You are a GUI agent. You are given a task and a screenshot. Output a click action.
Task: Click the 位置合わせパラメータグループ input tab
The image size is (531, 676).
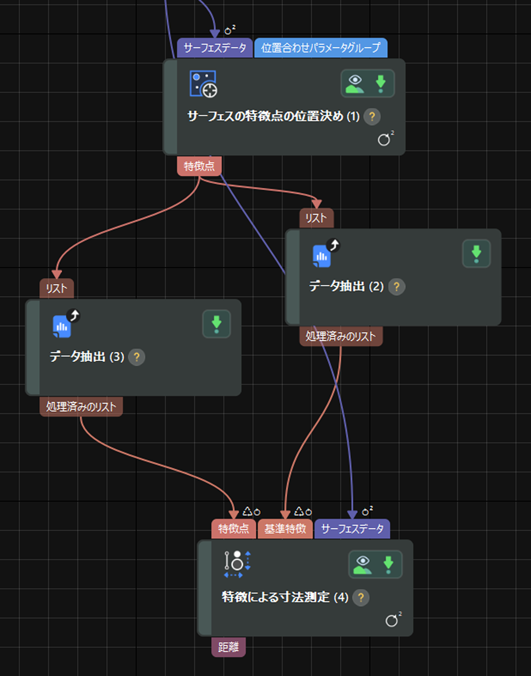pyautogui.click(x=320, y=48)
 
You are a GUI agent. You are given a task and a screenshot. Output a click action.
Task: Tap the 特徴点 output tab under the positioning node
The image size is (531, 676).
pyautogui.click(x=199, y=166)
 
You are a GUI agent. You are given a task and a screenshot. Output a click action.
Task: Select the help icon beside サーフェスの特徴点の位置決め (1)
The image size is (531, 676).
pyautogui.click(x=372, y=116)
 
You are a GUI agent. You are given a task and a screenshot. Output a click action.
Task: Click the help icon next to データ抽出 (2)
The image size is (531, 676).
pyautogui.click(x=397, y=286)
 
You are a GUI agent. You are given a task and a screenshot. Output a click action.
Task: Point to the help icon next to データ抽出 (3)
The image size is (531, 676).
pyautogui.click(x=137, y=357)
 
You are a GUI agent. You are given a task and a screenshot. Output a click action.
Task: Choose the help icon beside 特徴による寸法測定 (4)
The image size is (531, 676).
pyautogui.click(x=361, y=597)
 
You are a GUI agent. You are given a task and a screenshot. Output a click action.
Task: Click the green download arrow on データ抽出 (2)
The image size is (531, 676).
pyautogui.click(x=476, y=253)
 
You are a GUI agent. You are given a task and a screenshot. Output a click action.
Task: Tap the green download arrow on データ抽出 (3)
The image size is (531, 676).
pyautogui.click(x=217, y=324)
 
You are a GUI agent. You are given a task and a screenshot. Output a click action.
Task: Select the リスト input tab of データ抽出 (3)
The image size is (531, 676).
pyautogui.click(x=57, y=289)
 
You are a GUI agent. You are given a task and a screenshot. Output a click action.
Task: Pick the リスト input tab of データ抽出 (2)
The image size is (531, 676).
pyautogui.click(x=316, y=218)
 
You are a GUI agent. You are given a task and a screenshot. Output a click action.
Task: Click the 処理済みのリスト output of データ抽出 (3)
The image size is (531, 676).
pyautogui.click(x=81, y=407)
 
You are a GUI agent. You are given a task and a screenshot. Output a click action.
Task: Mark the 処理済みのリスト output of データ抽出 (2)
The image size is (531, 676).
pyautogui.click(x=341, y=336)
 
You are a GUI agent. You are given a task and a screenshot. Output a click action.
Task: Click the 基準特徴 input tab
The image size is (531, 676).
pyautogui.click(x=285, y=529)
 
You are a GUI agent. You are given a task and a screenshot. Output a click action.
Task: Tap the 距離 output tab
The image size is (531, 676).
pyautogui.click(x=228, y=647)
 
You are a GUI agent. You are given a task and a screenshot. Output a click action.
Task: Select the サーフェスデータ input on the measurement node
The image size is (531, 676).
pyautogui.click(x=352, y=529)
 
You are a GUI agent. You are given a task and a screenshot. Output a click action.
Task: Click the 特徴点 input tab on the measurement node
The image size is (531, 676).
pyautogui.click(x=234, y=529)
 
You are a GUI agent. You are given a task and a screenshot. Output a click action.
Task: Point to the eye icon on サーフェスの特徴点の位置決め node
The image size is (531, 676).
pyautogui.click(x=355, y=83)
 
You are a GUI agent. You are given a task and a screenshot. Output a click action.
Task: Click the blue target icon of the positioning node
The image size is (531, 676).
pyautogui.click(x=203, y=84)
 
